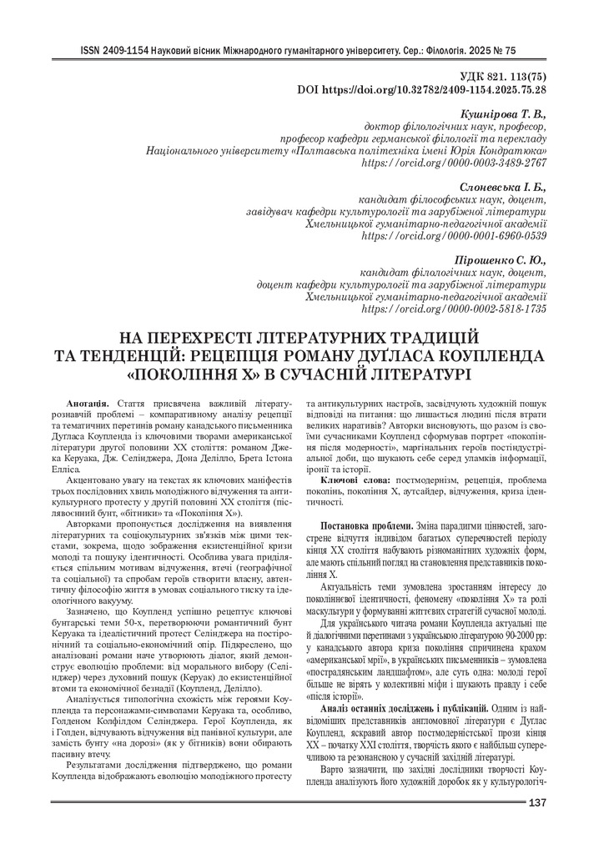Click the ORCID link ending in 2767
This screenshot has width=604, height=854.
point(455,163)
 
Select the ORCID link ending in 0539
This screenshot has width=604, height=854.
point(455,237)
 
